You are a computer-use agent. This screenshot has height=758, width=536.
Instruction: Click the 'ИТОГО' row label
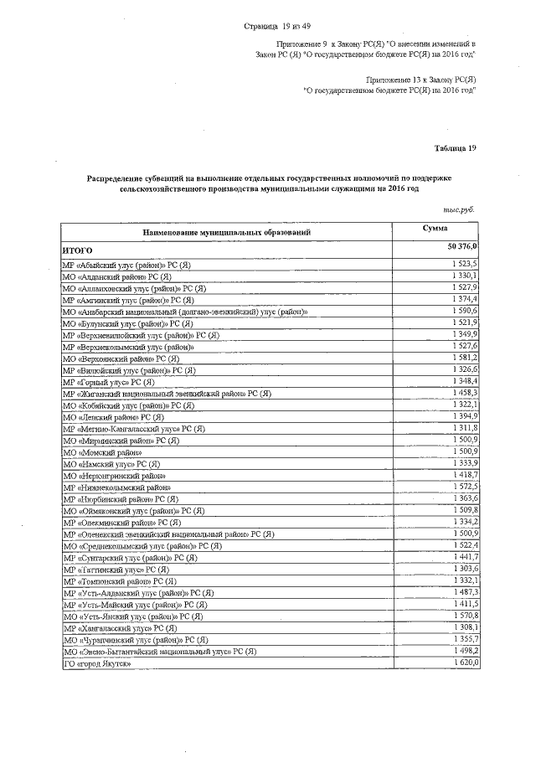click(x=78, y=250)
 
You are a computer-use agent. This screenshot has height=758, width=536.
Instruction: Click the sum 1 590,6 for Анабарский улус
click(x=463, y=310)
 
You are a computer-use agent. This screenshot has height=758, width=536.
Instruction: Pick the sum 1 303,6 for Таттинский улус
click(x=463, y=569)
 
